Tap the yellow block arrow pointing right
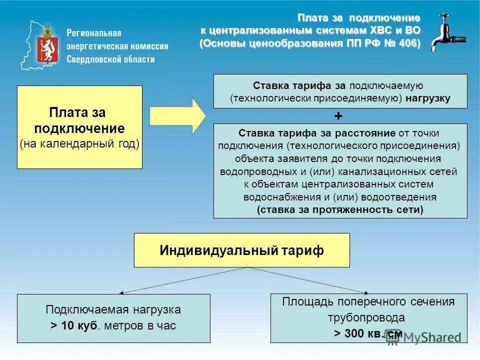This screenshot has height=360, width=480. click(x=177, y=116)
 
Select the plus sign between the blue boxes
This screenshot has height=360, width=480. click(x=338, y=116)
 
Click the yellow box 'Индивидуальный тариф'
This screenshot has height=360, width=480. click(x=241, y=250)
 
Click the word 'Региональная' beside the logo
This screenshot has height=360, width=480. click(x=94, y=33)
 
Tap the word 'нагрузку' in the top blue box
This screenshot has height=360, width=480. click(x=428, y=98)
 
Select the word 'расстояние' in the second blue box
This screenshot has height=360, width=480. click(x=366, y=133)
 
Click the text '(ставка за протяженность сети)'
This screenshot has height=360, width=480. click(x=340, y=210)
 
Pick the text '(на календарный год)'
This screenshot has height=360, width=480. click(x=79, y=144)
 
